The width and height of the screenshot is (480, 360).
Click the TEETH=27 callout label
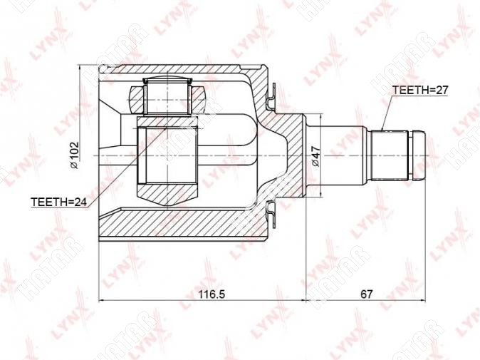pyautogui.click(x=420, y=90)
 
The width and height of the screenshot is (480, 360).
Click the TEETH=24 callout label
pyautogui.click(x=59, y=202)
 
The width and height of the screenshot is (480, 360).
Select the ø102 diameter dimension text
pyautogui.click(x=75, y=155)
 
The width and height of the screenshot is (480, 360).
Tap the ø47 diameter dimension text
pyautogui.click(x=315, y=156)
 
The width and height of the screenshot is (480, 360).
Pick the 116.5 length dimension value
pyautogui.click(x=212, y=294)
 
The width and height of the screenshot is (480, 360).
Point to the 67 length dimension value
pyautogui.click(x=366, y=294)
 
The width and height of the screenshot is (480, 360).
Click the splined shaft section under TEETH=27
pyautogui.click(x=390, y=156)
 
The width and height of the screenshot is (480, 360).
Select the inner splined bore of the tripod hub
pyautogui.click(x=167, y=155)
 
